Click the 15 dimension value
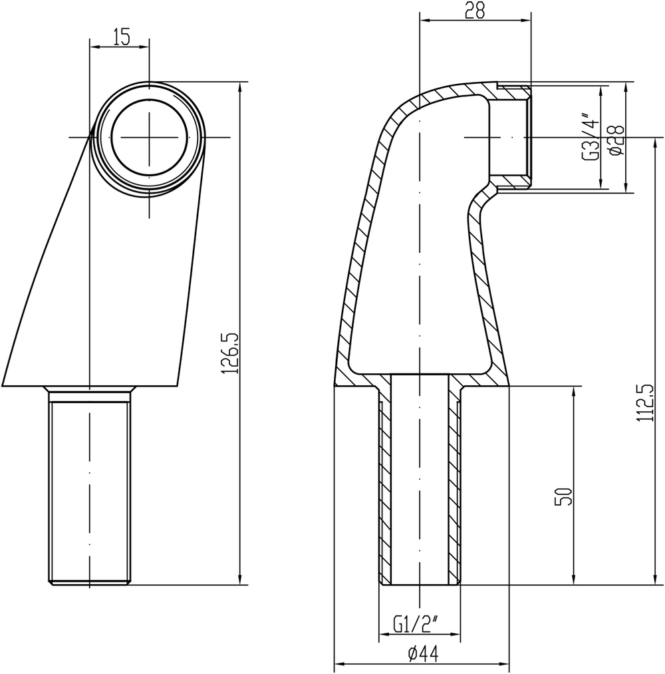pyautogui.click(x=120, y=37)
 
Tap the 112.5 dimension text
pyautogui.click(x=642, y=405)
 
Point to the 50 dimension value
pyautogui.click(x=565, y=496)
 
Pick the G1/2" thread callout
pyautogui.click(x=416, y=624)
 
